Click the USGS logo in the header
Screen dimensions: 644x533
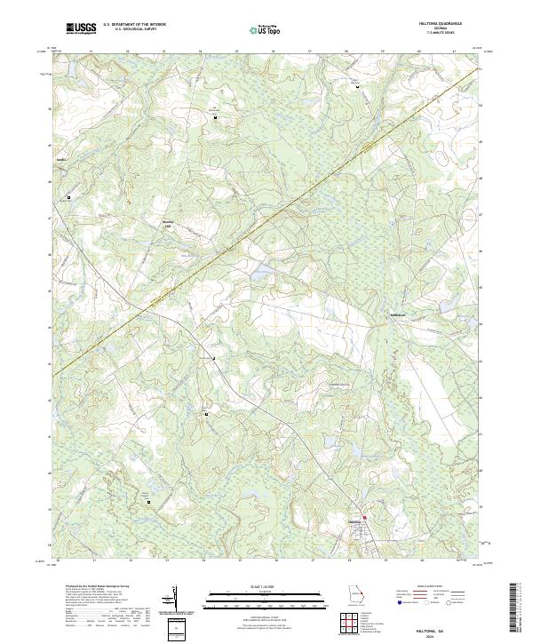pos(82,29)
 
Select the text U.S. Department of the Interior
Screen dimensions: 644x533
pos(134,26)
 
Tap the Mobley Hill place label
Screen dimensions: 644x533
pos(165,224)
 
